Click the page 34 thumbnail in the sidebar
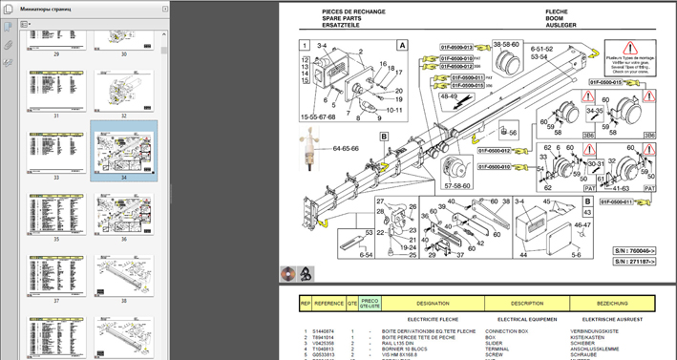point(124,151)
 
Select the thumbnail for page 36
point(124,213)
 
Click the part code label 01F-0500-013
point(456,46)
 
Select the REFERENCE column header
point(328,303)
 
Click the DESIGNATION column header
point(432,303)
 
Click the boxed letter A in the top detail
point(402,45)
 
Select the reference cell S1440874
point(326,330)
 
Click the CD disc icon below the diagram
point(288,274)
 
